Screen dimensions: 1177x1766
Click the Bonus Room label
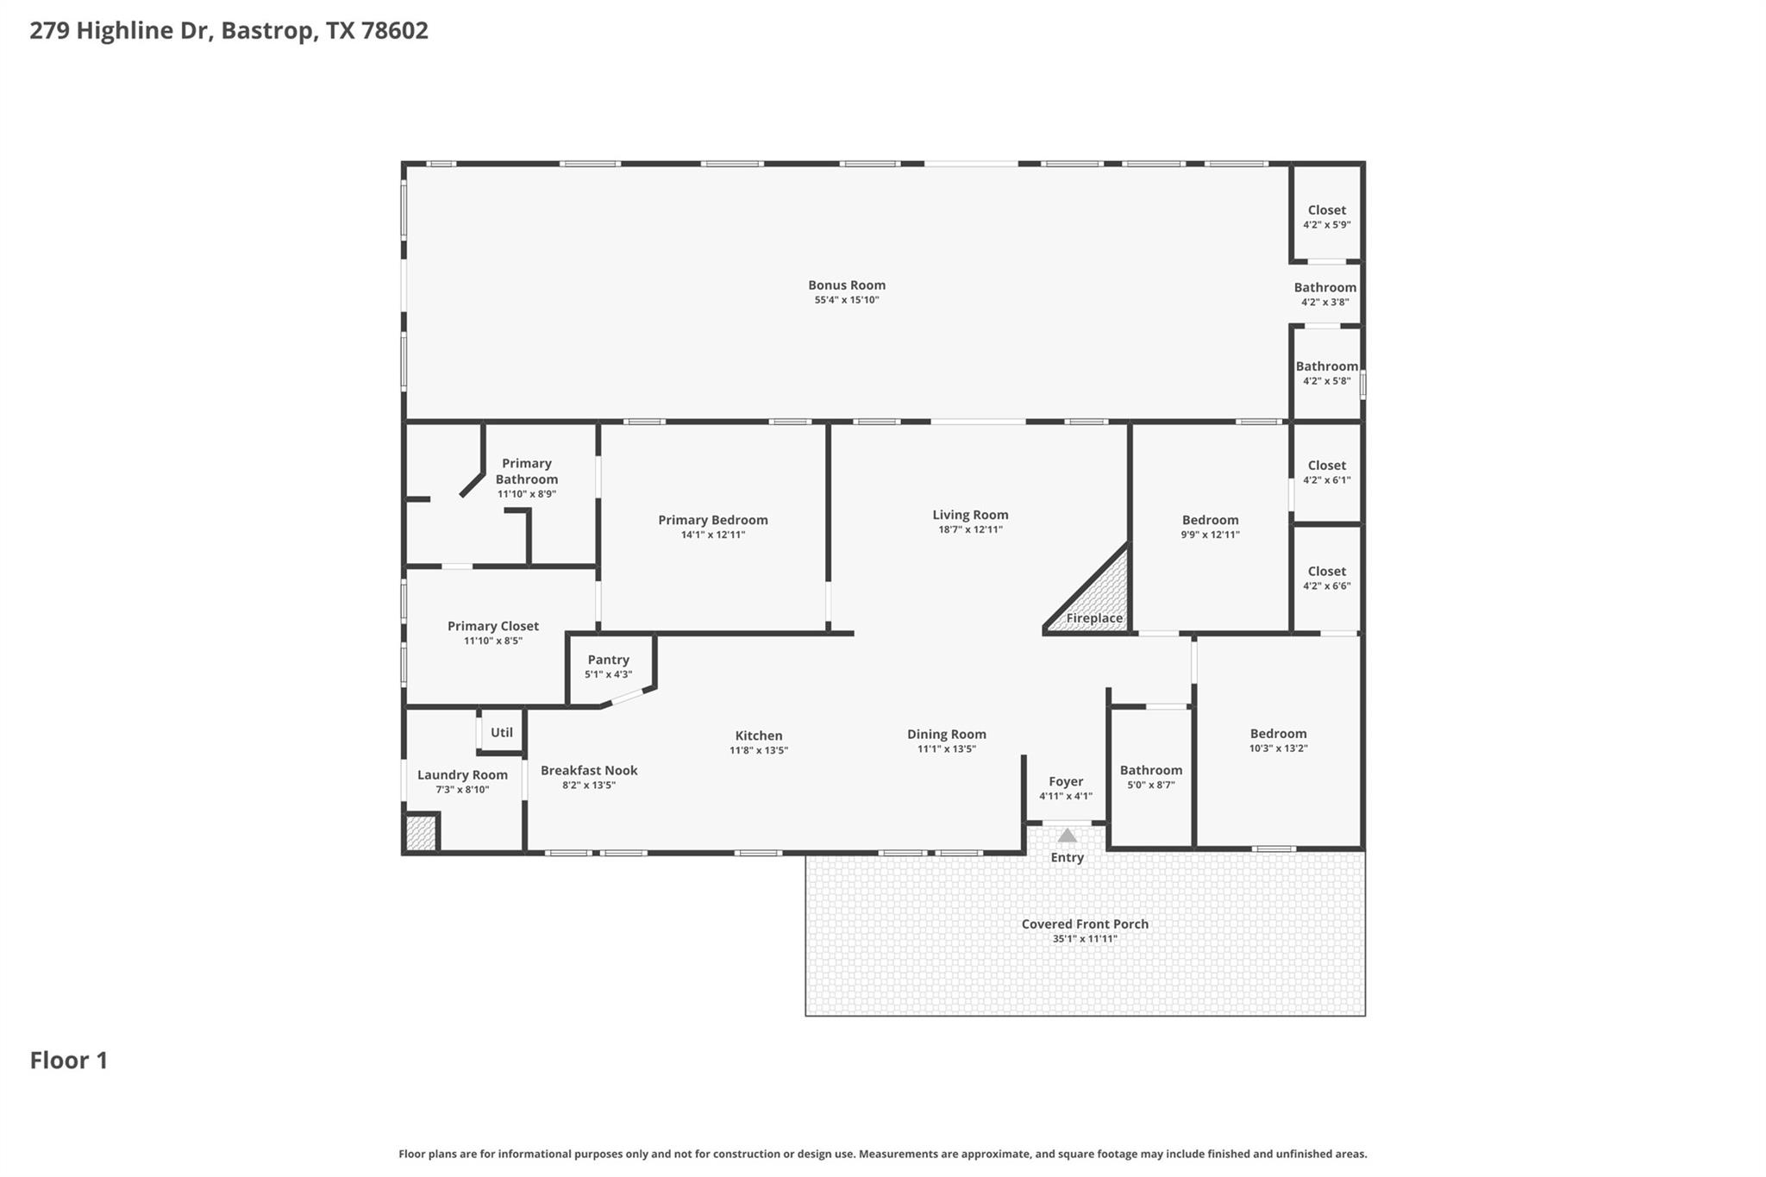pos(846,285)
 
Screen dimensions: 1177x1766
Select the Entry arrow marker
pos(1067,836)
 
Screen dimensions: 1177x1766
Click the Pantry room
pos(609,667)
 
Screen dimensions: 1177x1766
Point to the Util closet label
pos(501,732)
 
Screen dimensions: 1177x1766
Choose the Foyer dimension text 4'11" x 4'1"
pos(1066,797)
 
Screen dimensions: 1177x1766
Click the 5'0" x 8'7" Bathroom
pos(1150,777)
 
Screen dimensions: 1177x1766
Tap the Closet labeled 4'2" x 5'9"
pos(1326,216)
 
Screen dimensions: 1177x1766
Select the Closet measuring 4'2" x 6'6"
pos(1326,578)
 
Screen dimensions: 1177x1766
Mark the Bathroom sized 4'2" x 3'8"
pos(1324,293)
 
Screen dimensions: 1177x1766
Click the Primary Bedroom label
pos(712,520)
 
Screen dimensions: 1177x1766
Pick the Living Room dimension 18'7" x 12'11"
pos(970,529)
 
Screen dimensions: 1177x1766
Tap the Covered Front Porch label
pos(1085,924)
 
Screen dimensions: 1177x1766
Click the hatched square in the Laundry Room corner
pos(420,834)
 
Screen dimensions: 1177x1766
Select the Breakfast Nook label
pos(589,771)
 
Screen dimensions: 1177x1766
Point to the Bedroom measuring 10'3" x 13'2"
pos(1278,740)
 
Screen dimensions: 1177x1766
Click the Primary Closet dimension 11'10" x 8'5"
pos(492,641)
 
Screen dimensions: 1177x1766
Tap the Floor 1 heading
pos(69,1061)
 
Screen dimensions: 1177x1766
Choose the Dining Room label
pos(946,735)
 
